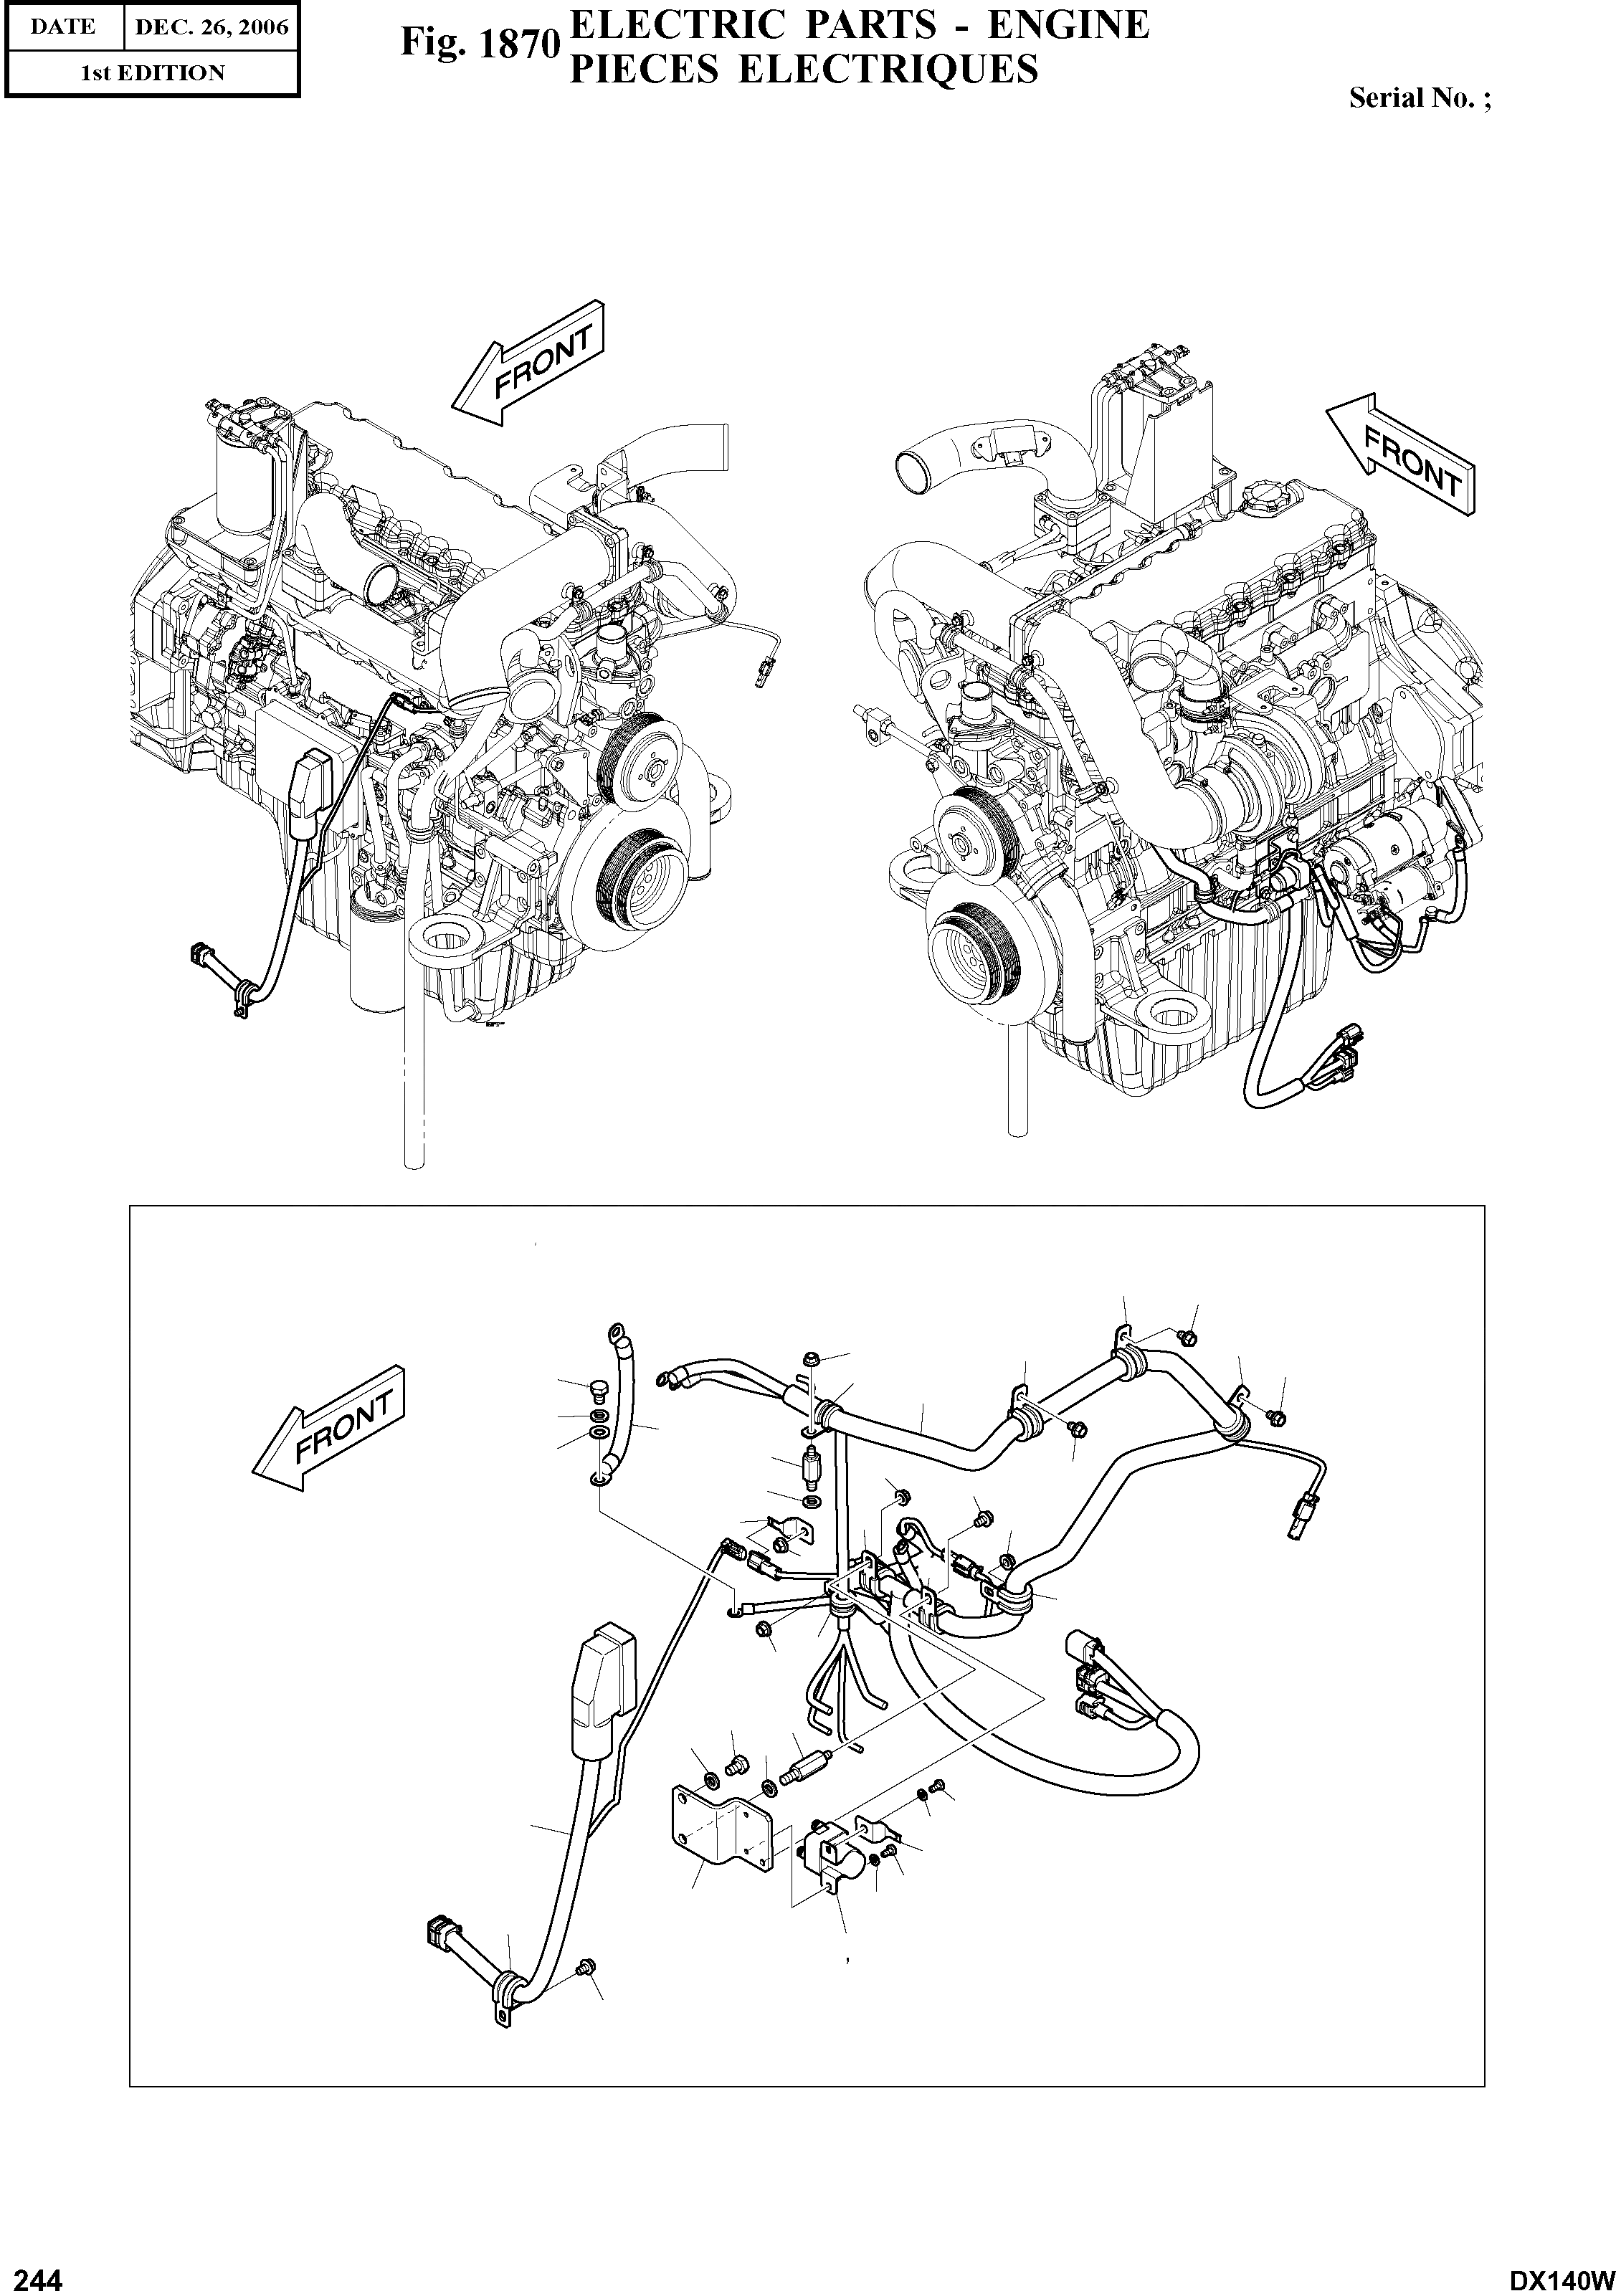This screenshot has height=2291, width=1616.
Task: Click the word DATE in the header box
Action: [62, 27]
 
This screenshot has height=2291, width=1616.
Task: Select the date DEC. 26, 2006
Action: [211, 27]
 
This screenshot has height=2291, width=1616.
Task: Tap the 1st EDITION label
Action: [152, 73]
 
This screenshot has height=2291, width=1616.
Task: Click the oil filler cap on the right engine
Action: [1259, 496]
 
